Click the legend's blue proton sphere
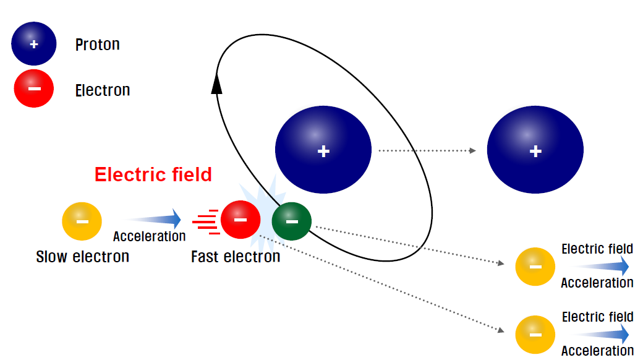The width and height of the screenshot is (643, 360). pos(34,44)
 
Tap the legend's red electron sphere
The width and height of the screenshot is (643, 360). pos(34,88)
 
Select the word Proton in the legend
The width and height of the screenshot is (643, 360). pos(97,45)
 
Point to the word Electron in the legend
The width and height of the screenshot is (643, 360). pos(103,90)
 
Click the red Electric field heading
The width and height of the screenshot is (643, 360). pos(153,175)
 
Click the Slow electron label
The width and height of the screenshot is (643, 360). pos(83,256)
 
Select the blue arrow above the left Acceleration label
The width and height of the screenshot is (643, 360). pos(153,219)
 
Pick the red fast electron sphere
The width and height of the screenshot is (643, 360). pos(241,220)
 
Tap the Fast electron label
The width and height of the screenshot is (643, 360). pos(236,256)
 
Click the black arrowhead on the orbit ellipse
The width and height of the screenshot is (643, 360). pos(216,83)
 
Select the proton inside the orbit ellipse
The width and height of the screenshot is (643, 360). pos(323,150)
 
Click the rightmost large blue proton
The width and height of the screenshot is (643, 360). pos(535,150)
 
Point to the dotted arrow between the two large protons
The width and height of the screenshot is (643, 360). pos(427,150)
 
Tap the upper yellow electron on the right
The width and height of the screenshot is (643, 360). pos(535,267)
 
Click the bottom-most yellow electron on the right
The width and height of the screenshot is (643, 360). pos(535,335)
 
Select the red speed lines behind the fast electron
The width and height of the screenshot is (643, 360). pos(207,221)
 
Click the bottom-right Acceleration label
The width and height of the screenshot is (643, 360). pos(597,351)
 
